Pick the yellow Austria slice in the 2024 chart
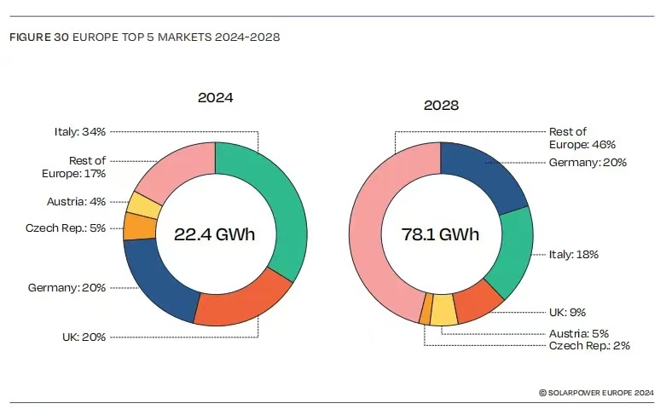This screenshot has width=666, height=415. click(x=143, y=205)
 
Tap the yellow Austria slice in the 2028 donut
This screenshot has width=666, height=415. click(x=443, y=312)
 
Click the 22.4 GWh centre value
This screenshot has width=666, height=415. click(x=214, y=234)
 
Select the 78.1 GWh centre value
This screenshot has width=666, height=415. click(x=442, y=234)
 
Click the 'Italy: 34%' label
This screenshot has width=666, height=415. click(x=78, y=132)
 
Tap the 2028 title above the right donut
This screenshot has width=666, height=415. click(x=441, y=106)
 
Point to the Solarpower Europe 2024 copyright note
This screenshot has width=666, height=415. click(x=596, y=392)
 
